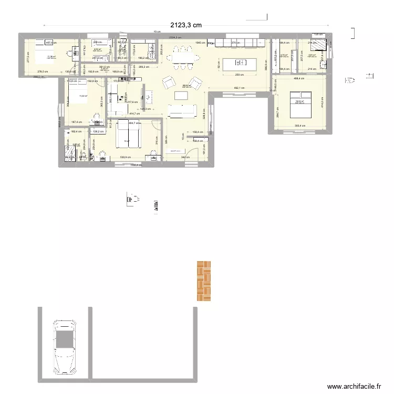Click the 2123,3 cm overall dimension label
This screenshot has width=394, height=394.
click(x=185, y=25)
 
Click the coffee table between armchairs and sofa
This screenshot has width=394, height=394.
click(x=181, y=95)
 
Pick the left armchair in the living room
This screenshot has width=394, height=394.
click(x=169, y=82)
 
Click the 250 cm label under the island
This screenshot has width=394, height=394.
click(x=237, y=75)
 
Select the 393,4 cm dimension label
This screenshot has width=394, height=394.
click(x=300, y=126)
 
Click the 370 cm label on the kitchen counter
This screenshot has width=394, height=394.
click(x=236, y=42)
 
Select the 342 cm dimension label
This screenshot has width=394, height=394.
click(x=185, y=157)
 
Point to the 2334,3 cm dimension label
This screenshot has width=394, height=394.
click(x=175, y=37)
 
